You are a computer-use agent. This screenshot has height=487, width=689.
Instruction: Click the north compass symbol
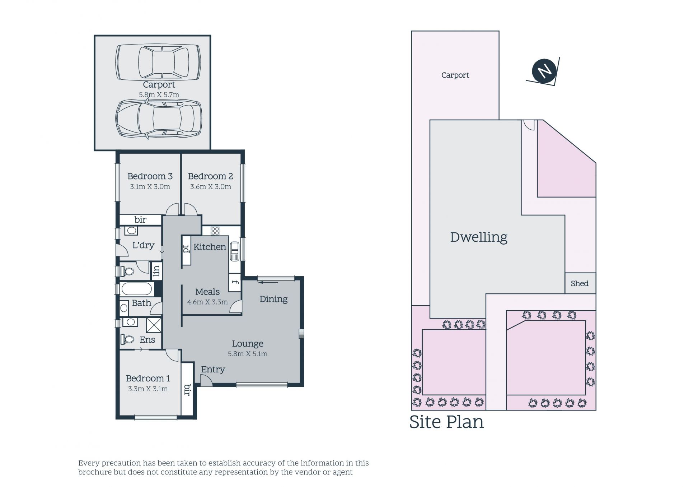[544, 71]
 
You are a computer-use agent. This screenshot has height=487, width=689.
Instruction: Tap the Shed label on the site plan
[580, 283]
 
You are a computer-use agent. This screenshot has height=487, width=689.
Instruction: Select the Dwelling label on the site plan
[479, 237]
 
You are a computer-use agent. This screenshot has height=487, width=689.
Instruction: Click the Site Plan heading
[446, 422]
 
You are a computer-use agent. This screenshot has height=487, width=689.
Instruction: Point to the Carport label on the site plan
[455, 75]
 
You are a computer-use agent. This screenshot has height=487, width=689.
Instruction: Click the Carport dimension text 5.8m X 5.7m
[159, 95]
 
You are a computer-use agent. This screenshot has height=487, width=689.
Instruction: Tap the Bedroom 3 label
[150, 176]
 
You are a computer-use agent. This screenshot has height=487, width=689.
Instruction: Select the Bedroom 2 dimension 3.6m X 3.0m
[211, 187]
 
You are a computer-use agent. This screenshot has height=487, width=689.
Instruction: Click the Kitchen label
[210, 247]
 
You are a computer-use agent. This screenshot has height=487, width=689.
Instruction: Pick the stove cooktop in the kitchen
[215, 231]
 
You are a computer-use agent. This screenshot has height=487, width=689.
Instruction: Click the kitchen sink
[235, 251]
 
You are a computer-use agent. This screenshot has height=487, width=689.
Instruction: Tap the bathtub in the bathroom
[136, 289]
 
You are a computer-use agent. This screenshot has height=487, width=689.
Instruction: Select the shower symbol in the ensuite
[154, 325]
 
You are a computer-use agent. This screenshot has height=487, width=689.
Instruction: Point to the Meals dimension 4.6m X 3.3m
[207, 302]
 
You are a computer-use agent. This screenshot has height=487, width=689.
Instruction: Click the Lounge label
[247, 344]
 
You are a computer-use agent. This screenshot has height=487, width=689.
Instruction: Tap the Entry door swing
[206, 380]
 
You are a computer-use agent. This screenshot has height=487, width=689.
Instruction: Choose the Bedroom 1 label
[148, 378]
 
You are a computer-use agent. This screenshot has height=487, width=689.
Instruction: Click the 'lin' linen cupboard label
[156, 270]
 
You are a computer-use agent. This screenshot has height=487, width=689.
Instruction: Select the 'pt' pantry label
[186, 249]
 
